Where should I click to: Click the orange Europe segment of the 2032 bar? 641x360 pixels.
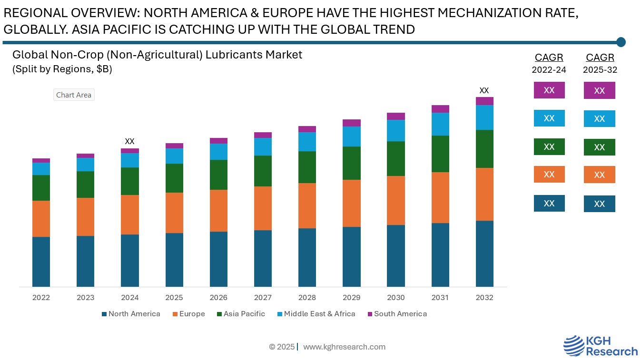tap(484, 194)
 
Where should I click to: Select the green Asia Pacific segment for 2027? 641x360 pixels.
tap(263, 171)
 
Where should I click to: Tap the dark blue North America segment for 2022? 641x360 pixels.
tap(41, 262)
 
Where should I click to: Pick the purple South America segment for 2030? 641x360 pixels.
tap(395, 116)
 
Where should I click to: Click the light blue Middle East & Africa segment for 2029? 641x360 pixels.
tap(351, 136)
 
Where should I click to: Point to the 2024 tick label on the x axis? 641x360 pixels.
tap(130, 298)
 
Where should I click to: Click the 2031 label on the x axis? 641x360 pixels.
tap(440, 298)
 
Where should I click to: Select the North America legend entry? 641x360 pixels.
tap(131, 314)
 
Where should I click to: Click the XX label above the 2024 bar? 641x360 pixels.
tap(129, 141)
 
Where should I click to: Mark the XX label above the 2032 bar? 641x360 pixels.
tap(484, 90)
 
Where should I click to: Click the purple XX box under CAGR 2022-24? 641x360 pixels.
tap(549, 90)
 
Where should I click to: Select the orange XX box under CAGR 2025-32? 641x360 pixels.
tap(599, 175)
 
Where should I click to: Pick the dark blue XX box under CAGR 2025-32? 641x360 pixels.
tap(599, 204)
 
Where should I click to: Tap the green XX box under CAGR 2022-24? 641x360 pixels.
tap(549, 146)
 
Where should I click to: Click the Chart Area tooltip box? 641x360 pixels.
tap(74, 95)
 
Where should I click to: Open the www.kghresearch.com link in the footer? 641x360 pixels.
tap(344, 347)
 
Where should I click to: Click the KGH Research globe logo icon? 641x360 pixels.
tap(574, 345)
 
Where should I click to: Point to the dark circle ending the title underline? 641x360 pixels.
tap(621, 42)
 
